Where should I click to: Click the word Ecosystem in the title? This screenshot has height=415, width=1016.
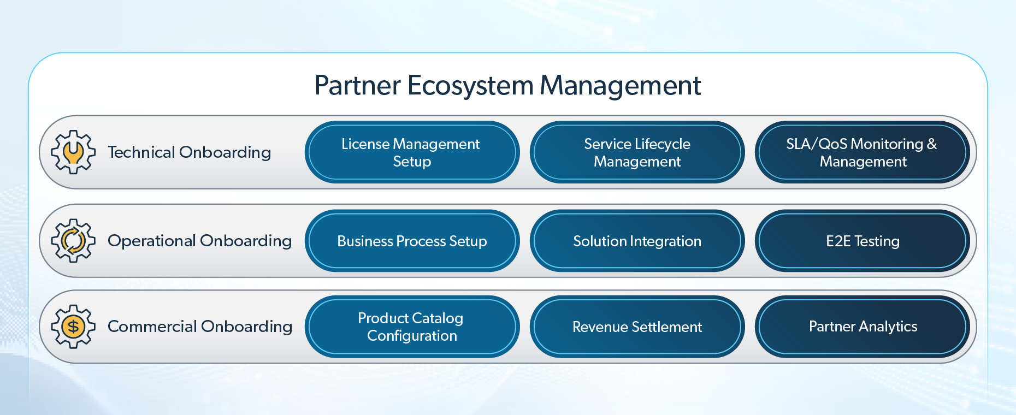pos(470,86)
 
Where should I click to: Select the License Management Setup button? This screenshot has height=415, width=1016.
pos(412,152)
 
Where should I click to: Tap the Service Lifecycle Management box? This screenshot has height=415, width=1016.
pos(637,152)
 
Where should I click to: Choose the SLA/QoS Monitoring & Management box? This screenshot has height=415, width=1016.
pos(863,152)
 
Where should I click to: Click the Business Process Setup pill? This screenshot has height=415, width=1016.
pos(412,241)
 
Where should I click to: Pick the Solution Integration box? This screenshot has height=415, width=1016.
pos(637,241)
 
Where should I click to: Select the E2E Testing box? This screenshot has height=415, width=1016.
pos(863,241)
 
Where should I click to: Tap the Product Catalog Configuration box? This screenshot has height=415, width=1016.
pos(412,327)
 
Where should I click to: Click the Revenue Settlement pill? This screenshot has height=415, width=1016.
pos(637,327)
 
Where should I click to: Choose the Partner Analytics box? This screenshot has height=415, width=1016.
pos(863,327)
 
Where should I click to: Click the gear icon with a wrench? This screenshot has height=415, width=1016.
pos(73,152)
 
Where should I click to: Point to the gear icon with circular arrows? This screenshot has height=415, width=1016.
pos(73,241)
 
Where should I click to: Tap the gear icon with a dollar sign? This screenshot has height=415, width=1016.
pos(73,327)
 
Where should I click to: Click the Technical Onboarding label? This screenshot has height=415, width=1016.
pos(189,152)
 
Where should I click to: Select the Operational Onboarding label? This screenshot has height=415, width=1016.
pos(199,241)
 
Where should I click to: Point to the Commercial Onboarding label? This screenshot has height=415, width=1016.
pos(200,327)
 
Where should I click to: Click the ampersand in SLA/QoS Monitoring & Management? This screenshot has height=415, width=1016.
pos(932,144)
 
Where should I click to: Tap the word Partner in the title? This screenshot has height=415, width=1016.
pos(358,86)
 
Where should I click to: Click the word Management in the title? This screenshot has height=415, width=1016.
pos(621,86)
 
